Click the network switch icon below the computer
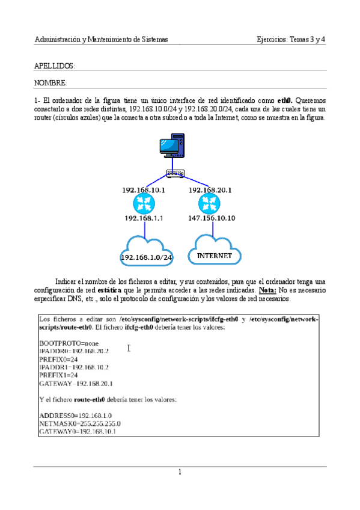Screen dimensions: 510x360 coord(175,174)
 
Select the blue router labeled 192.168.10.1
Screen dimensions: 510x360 coord(144,204)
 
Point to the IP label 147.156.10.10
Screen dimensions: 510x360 coord(212,218)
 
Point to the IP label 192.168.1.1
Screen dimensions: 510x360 coord(144,218)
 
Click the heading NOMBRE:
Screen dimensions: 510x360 coord(50,82)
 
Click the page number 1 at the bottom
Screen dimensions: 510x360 coord(180,472)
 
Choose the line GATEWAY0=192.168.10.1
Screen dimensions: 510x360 coord(77,431)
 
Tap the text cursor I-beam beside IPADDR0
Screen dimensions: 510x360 coord(129,348)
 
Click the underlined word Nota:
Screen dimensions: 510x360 coord(268,290)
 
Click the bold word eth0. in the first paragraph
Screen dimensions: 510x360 coord(285,100)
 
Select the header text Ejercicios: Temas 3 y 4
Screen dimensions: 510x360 coord(291,40)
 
